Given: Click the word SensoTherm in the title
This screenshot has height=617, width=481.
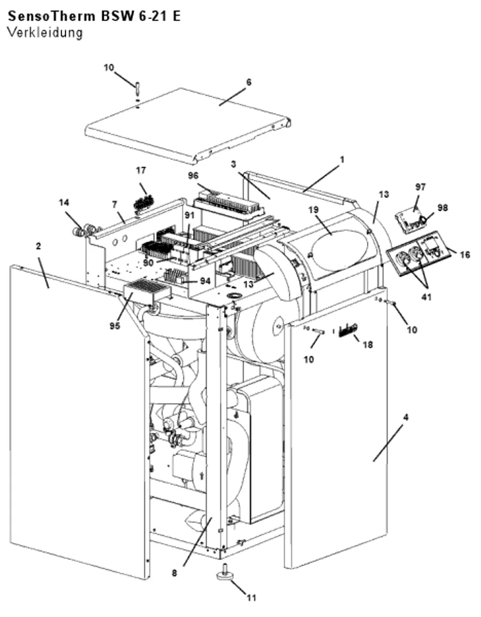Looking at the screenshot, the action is (x=51, y=16).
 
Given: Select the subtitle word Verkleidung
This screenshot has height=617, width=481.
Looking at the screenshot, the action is (x=45, y=33).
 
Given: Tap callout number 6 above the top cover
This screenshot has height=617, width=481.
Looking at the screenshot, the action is (x=249, y=82).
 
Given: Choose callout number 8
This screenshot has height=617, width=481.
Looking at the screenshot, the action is (x=174, y=573).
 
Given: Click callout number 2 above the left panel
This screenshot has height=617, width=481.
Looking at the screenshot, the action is (x=38, y=246).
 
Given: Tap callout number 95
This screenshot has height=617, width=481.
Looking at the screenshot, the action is (x=115, y=326).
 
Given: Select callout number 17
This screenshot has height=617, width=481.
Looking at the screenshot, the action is (x=141, y=170).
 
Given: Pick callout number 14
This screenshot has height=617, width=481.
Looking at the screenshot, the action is (x=64, y=203).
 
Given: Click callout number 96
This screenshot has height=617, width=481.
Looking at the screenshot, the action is (x=193, y=176).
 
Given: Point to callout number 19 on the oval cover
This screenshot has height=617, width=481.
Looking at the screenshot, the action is (x=314, y=210).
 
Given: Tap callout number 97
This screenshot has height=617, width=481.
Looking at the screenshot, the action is (x=420, y=187).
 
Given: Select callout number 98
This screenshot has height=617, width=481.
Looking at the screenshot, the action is (x=443, y=208).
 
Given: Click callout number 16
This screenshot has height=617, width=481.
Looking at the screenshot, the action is (x=465, y=255).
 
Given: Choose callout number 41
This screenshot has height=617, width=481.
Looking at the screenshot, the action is (x=427, y=297).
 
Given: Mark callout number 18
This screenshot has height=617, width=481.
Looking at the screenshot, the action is (x=368, y=345).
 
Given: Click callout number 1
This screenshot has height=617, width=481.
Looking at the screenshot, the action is (x=342, y=160).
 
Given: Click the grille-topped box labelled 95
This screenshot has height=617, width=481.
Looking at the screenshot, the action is (x=148, y=291).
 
